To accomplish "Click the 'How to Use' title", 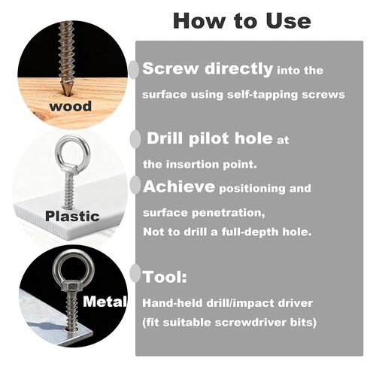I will pos(241,20).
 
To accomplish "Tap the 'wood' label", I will pos(71,106).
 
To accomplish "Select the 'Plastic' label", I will pos(72,216).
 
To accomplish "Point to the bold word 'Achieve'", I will pos(178,186).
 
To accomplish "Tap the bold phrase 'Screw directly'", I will pos(208,69).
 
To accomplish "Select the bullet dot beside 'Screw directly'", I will pos(134,70).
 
